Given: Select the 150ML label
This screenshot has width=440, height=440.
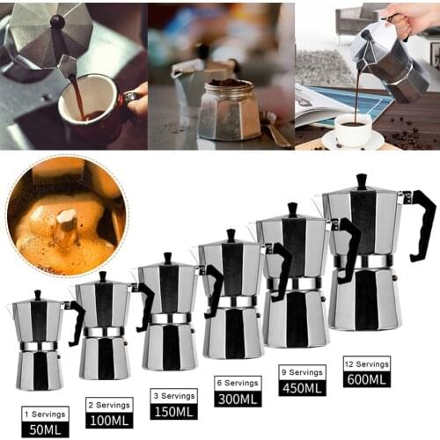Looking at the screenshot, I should coord(173,411).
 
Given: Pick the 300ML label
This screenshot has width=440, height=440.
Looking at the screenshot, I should coord(237,399).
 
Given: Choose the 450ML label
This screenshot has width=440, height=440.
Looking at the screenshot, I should coord(302,387).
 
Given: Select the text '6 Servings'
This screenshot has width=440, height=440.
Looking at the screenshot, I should coord(237,383).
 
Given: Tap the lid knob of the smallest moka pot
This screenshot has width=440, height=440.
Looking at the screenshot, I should coord(37,295).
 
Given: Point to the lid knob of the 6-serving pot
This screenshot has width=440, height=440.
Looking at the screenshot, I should coord(231,235).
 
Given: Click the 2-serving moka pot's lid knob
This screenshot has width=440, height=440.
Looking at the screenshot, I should coord(102,276).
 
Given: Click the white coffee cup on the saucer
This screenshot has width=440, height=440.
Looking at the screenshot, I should coord(353,129).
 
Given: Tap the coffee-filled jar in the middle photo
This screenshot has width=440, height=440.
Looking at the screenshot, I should coord(228,110).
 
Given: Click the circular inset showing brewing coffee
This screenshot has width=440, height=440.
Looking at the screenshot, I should coord(67,216).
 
